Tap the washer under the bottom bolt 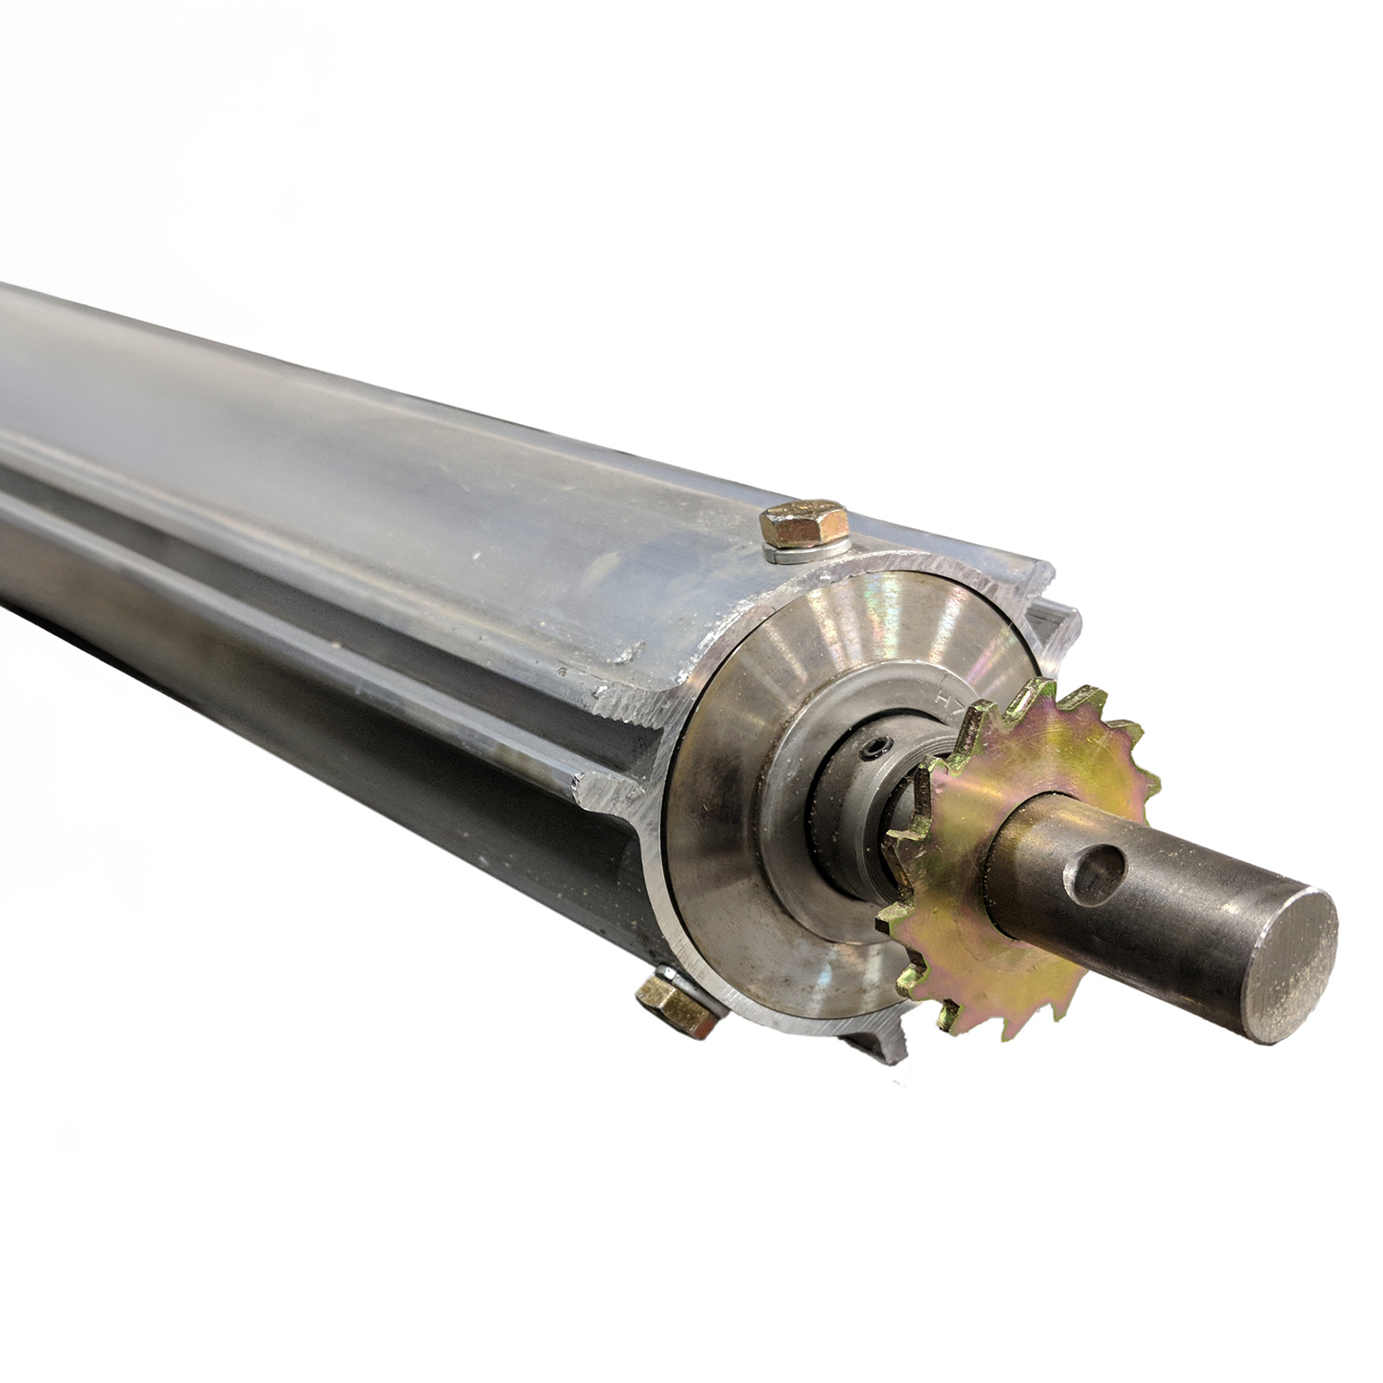(x=696, y=991)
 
